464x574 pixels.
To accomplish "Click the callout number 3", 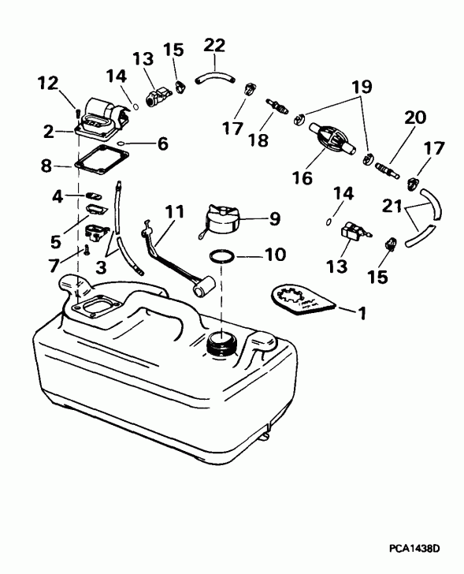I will coord(101,268).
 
